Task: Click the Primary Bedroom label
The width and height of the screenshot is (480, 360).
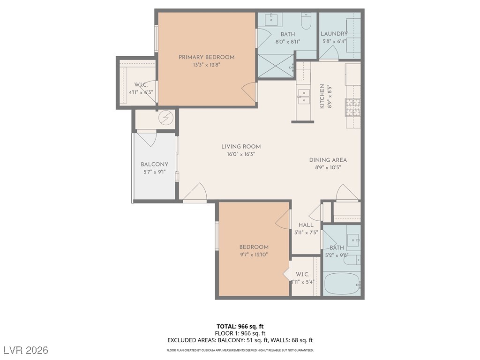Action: coord(206,57)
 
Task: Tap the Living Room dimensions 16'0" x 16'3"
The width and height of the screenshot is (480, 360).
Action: coord(241,154)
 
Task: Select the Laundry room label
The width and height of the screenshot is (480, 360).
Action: coord(334,34)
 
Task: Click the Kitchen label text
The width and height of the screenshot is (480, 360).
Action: coord(322,97)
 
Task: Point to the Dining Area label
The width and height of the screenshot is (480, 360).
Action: coord(328,160)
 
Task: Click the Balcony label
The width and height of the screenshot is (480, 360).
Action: coord(154,165)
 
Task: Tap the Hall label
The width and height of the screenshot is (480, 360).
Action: coord(306,225)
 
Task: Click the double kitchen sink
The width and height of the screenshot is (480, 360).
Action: coord(304,95)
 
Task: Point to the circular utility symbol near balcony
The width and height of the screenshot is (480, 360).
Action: coord(165,118)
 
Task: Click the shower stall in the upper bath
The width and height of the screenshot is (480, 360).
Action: coord(275,66)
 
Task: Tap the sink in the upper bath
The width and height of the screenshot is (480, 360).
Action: coord(272,19)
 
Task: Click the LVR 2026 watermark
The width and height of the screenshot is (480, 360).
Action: coord(26,350)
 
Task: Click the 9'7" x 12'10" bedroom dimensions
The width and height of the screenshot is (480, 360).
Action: coord(254,255)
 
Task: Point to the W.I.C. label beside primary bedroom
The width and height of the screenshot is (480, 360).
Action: coord(141,85)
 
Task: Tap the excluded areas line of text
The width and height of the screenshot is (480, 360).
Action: coord(240,340)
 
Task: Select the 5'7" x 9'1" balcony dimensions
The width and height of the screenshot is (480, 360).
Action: coord(154,172)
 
